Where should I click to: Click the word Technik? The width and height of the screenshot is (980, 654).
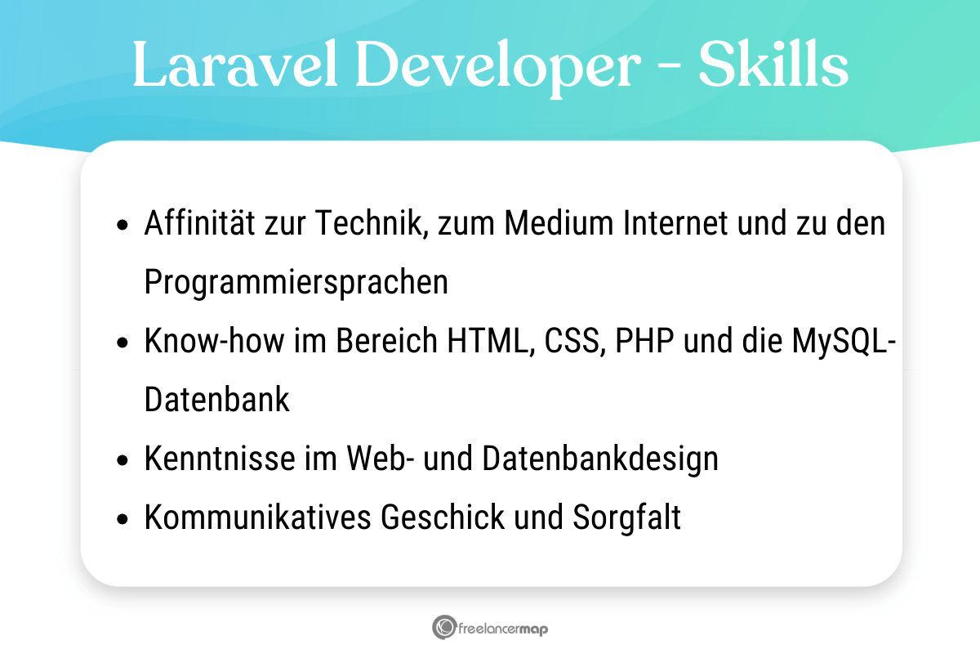point(371,223)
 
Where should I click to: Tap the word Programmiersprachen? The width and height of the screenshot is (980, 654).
point(296,282)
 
